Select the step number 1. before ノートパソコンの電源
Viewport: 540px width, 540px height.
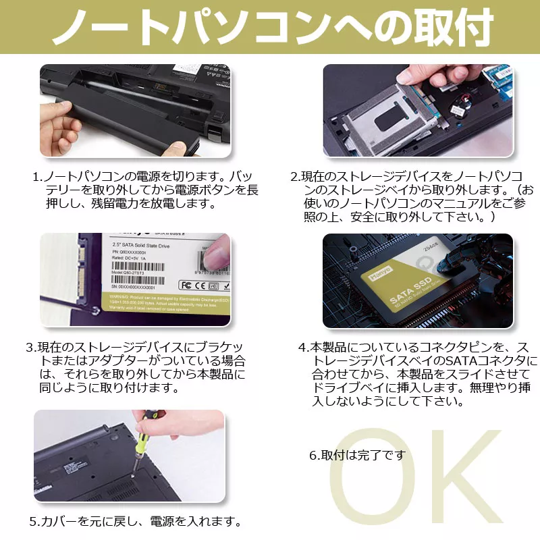38,177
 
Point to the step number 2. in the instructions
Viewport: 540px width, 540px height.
295,177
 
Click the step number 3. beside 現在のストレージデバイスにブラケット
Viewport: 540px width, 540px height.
31,348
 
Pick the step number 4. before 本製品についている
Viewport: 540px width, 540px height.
303,348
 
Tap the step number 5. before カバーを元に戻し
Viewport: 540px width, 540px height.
34,522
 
